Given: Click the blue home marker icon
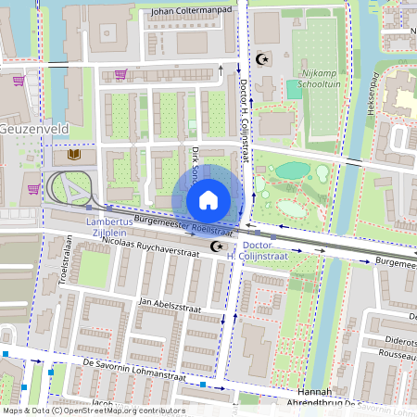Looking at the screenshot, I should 208,200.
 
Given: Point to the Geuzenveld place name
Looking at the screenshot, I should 32,129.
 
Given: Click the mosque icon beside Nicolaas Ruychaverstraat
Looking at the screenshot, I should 218,246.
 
